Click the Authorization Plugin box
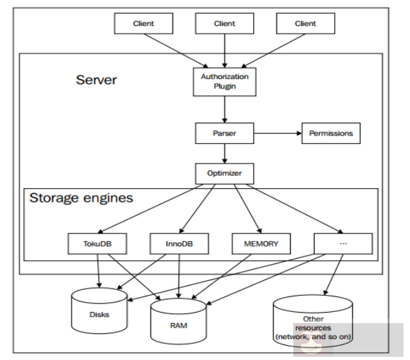[224, 81]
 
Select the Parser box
[224, 134]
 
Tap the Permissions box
[331, 134]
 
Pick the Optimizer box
[224, 174]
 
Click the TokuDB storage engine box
[97, 244]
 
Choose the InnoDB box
[179, 244]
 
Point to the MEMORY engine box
[260, 244]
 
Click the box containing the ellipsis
[343, 244]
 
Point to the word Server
[97, 80]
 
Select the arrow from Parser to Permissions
[277, 134]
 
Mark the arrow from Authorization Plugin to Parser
[224, 109]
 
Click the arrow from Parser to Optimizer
[224, 154]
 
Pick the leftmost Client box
[143, 24]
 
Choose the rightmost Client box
[306, 24]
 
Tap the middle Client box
[224, 24]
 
